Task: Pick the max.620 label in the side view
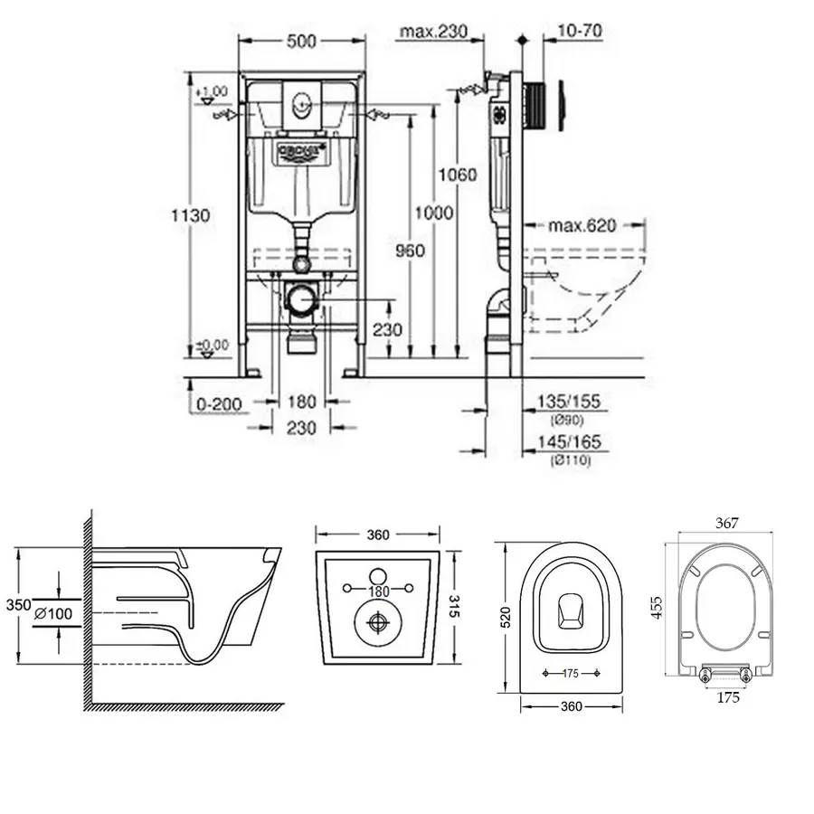pos(582,225)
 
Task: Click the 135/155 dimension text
pos(568,401)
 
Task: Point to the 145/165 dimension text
pos(568,441)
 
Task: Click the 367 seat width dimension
pos(728,523)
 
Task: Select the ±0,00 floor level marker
pos(212,345)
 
